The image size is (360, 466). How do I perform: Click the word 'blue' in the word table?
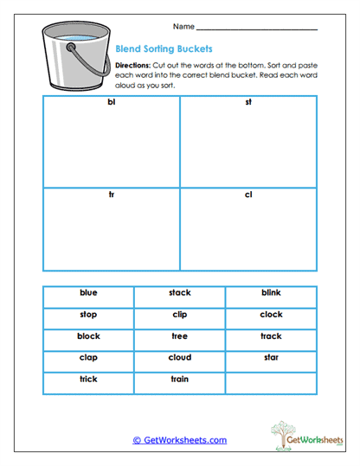pyautogui.click(x=88, y=293)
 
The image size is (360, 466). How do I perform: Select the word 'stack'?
pyautogui.click(x=180, y=293)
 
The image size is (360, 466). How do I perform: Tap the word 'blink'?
pyautogui.click(x=271, y=293)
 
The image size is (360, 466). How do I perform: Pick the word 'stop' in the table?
pyautogui.click(x=88, y=315)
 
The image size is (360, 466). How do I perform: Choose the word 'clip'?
pyautogui.click(x=180, y=315)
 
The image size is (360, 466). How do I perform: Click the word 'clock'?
pyautogui.click(x=271, y=315)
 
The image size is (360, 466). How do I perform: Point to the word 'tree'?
pyautogui.click(x=180, y=336)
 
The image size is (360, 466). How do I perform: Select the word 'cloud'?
pyautogui.click(x=180, y=358)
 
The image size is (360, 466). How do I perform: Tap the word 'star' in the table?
pyautogui.click(x=271, y=358)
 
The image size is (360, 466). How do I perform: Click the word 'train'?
pyautogui.click(x=180, y=380)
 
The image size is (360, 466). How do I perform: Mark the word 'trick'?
pyautogui.click(x=88, y=380)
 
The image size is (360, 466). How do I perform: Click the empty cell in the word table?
pyautogui.click(x=271, y=380)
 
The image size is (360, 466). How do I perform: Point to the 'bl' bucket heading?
pyautogui.click(x=111, y=104)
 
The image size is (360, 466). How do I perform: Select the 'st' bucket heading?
pyautogui.click(x=248, y=104)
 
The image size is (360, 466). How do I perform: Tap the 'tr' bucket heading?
pyautogui.click(x=111, y=195)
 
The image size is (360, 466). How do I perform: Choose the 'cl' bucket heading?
pyautogui.click(x=248, y=195)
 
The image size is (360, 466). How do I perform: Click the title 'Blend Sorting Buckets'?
pyautogui.click(x=164, y=49)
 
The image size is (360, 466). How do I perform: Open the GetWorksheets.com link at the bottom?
pyautogui.click(x=180, y=440)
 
